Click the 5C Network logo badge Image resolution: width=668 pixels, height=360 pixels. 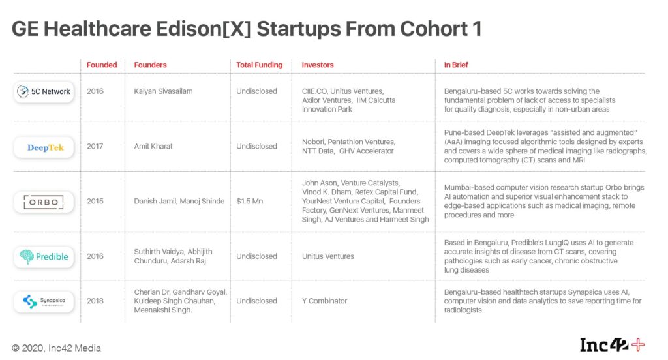coord(44,91)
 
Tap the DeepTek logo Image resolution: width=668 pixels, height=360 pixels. coord(44,147)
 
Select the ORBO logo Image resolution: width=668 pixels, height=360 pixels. coord(44,202)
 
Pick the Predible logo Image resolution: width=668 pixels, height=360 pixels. coord(44,256)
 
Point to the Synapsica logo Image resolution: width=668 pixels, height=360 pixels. coord(44,302)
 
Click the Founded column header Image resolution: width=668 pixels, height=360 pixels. coord(102,65)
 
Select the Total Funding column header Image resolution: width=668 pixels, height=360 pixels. coord(260,65)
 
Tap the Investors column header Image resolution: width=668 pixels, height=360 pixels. coord(318,65)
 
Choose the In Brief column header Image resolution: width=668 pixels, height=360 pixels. coord(456,65)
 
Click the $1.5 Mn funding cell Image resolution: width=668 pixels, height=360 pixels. coord(250,201)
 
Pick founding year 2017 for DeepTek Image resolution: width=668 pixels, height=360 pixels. coord(95,146)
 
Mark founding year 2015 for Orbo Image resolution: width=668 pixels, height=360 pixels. coord(95,201)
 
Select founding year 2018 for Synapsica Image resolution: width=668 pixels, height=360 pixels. coord(95,301)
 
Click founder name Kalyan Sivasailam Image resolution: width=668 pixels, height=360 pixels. coord(163,91)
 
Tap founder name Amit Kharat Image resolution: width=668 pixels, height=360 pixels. coord(153,146)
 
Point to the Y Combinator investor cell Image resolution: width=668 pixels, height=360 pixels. coord(325,301)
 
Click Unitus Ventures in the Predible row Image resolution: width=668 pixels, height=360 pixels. coord(328,256)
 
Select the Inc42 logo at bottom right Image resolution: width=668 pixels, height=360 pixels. coord(612,344)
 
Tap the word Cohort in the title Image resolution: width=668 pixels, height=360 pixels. coord(434,29)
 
